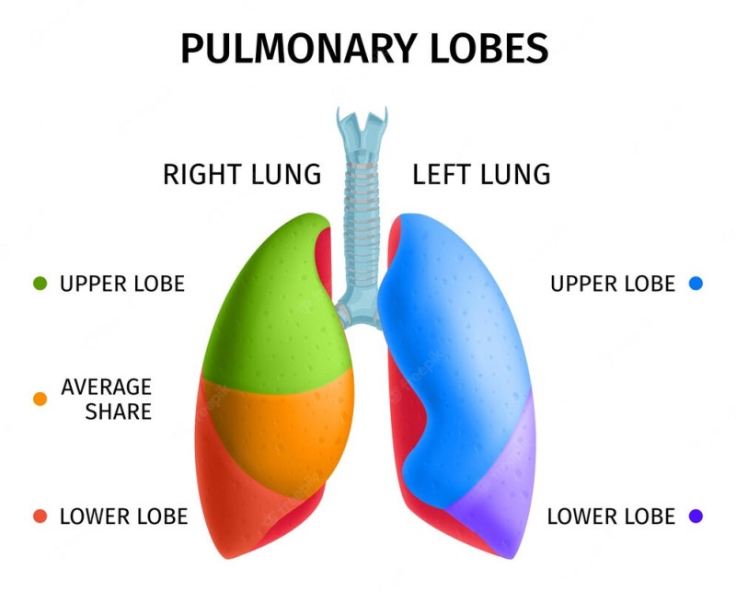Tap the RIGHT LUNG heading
pos(242,174)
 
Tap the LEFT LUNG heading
pos(481,174)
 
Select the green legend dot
pos(40,284)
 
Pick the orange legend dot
pos(40,399)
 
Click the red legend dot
pos(40,517)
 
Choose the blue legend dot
pos(696,284)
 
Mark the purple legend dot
pos(696,517)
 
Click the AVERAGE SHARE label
pos(106,399)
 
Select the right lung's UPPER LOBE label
pos(122,284)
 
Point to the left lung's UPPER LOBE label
pos(613,284)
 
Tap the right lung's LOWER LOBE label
pos(123,517)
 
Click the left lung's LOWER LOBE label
pos(611,517)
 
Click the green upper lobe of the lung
pos(271,304)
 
